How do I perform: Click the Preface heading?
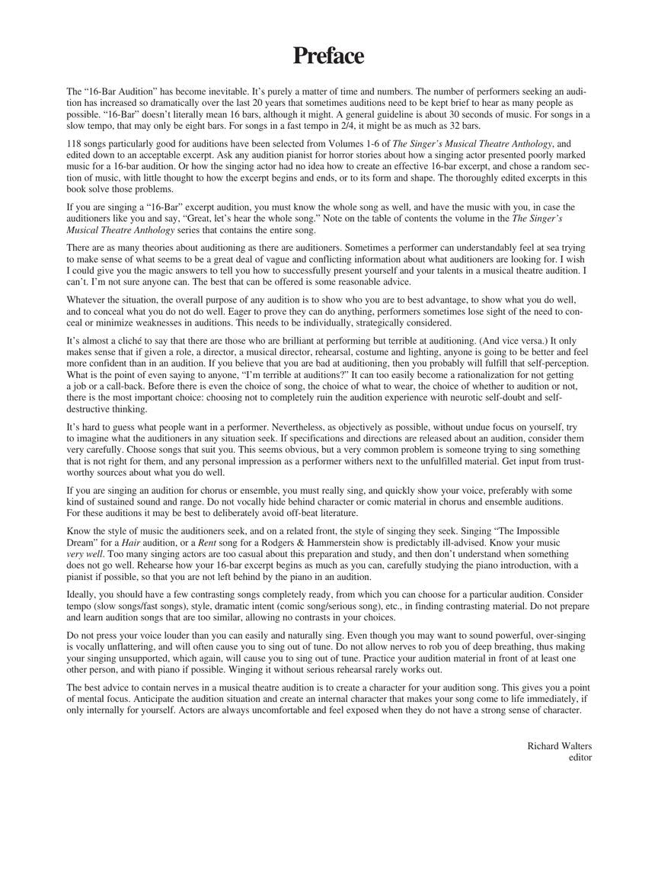click(328, 56)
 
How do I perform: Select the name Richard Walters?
click(559, 745)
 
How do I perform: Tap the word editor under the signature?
click(580, 757)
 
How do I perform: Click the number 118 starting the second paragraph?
click(75, 143)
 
